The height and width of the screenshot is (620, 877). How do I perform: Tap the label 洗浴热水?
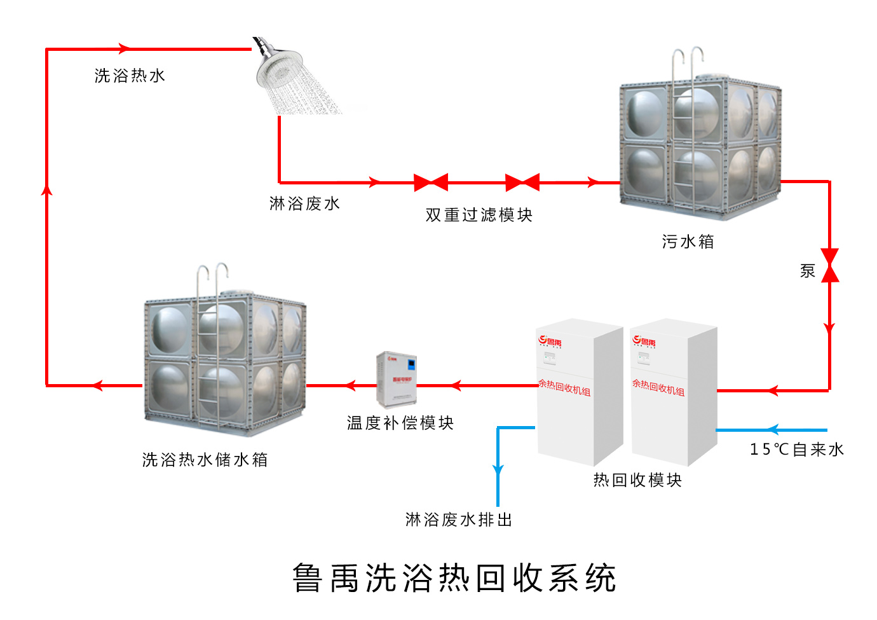tap(130, 76)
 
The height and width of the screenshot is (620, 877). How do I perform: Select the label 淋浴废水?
tap(304, 203)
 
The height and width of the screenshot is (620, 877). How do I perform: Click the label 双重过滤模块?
tap(479, 215)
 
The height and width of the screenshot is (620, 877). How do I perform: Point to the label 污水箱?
tap(688, 242)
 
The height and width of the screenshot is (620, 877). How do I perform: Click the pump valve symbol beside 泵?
tap(829, 265)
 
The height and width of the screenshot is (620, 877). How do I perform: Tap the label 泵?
tap(807, 271)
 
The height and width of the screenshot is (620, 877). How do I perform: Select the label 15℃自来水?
tap(796, 450)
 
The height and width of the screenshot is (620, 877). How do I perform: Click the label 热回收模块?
tap(637, 480)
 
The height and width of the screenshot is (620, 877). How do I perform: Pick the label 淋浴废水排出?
tap(459, 520)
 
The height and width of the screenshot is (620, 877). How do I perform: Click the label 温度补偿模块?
tap(400, 423)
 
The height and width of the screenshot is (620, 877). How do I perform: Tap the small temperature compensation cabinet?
tap(397, 380)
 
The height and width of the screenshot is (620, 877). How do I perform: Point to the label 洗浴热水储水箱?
tap(205, 460)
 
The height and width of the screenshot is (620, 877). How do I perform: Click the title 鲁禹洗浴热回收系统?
tap(454, 578)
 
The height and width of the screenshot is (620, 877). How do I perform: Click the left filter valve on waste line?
tap(431, 183)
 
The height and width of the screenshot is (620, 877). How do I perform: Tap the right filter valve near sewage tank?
tap(522, 183)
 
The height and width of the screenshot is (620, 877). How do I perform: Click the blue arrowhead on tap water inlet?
tap(772, 430)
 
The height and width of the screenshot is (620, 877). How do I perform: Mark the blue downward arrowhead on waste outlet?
tap(498, 470)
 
